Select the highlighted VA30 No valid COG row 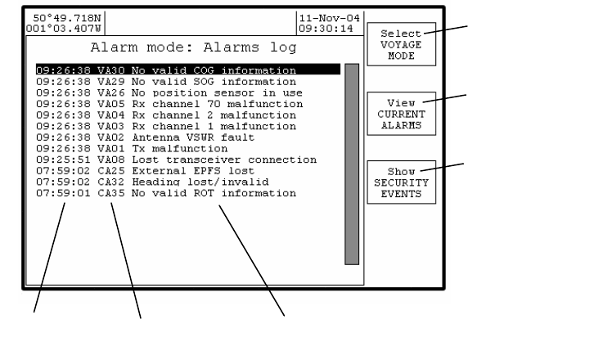tap(187, 70)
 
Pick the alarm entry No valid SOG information tap(213, 82)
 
